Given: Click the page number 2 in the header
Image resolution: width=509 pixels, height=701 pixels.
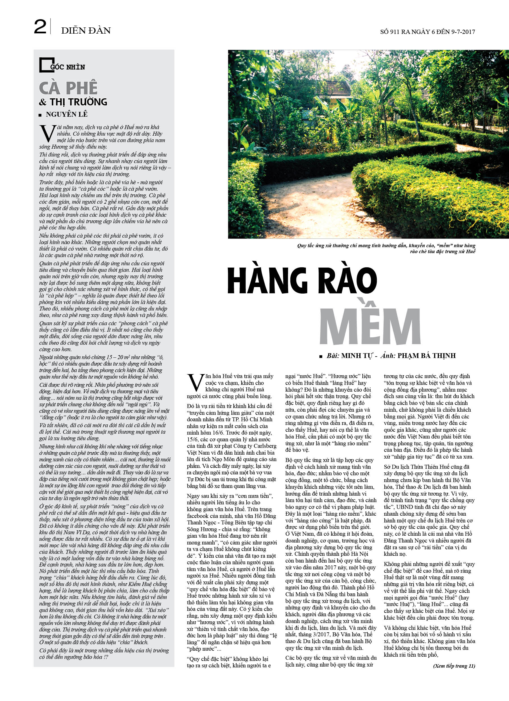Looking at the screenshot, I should pos(40,27).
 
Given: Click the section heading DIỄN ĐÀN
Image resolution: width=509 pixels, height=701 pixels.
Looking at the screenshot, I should pos(86,31).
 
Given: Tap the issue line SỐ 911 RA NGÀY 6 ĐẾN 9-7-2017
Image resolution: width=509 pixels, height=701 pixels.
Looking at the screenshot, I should pos(427,32).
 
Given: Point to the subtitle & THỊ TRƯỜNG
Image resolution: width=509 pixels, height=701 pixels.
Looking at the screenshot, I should pos(73,102).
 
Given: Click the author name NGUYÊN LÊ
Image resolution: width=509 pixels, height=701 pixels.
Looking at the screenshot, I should pos(66,114).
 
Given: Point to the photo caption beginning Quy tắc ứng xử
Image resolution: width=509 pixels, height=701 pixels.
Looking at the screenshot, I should pos(386,249).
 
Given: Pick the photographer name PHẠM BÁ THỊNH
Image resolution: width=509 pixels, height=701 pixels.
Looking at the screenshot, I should pos(426,356).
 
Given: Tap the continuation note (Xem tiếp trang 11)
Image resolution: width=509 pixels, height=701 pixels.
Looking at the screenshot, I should pos(454,666).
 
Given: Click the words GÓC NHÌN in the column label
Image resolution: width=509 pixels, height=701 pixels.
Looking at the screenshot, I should pos(68,67).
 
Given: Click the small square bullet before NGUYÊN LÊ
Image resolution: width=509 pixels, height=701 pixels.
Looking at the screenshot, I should pos(40,115).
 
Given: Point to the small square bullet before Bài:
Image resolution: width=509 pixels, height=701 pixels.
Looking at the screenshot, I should pos(321,356).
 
